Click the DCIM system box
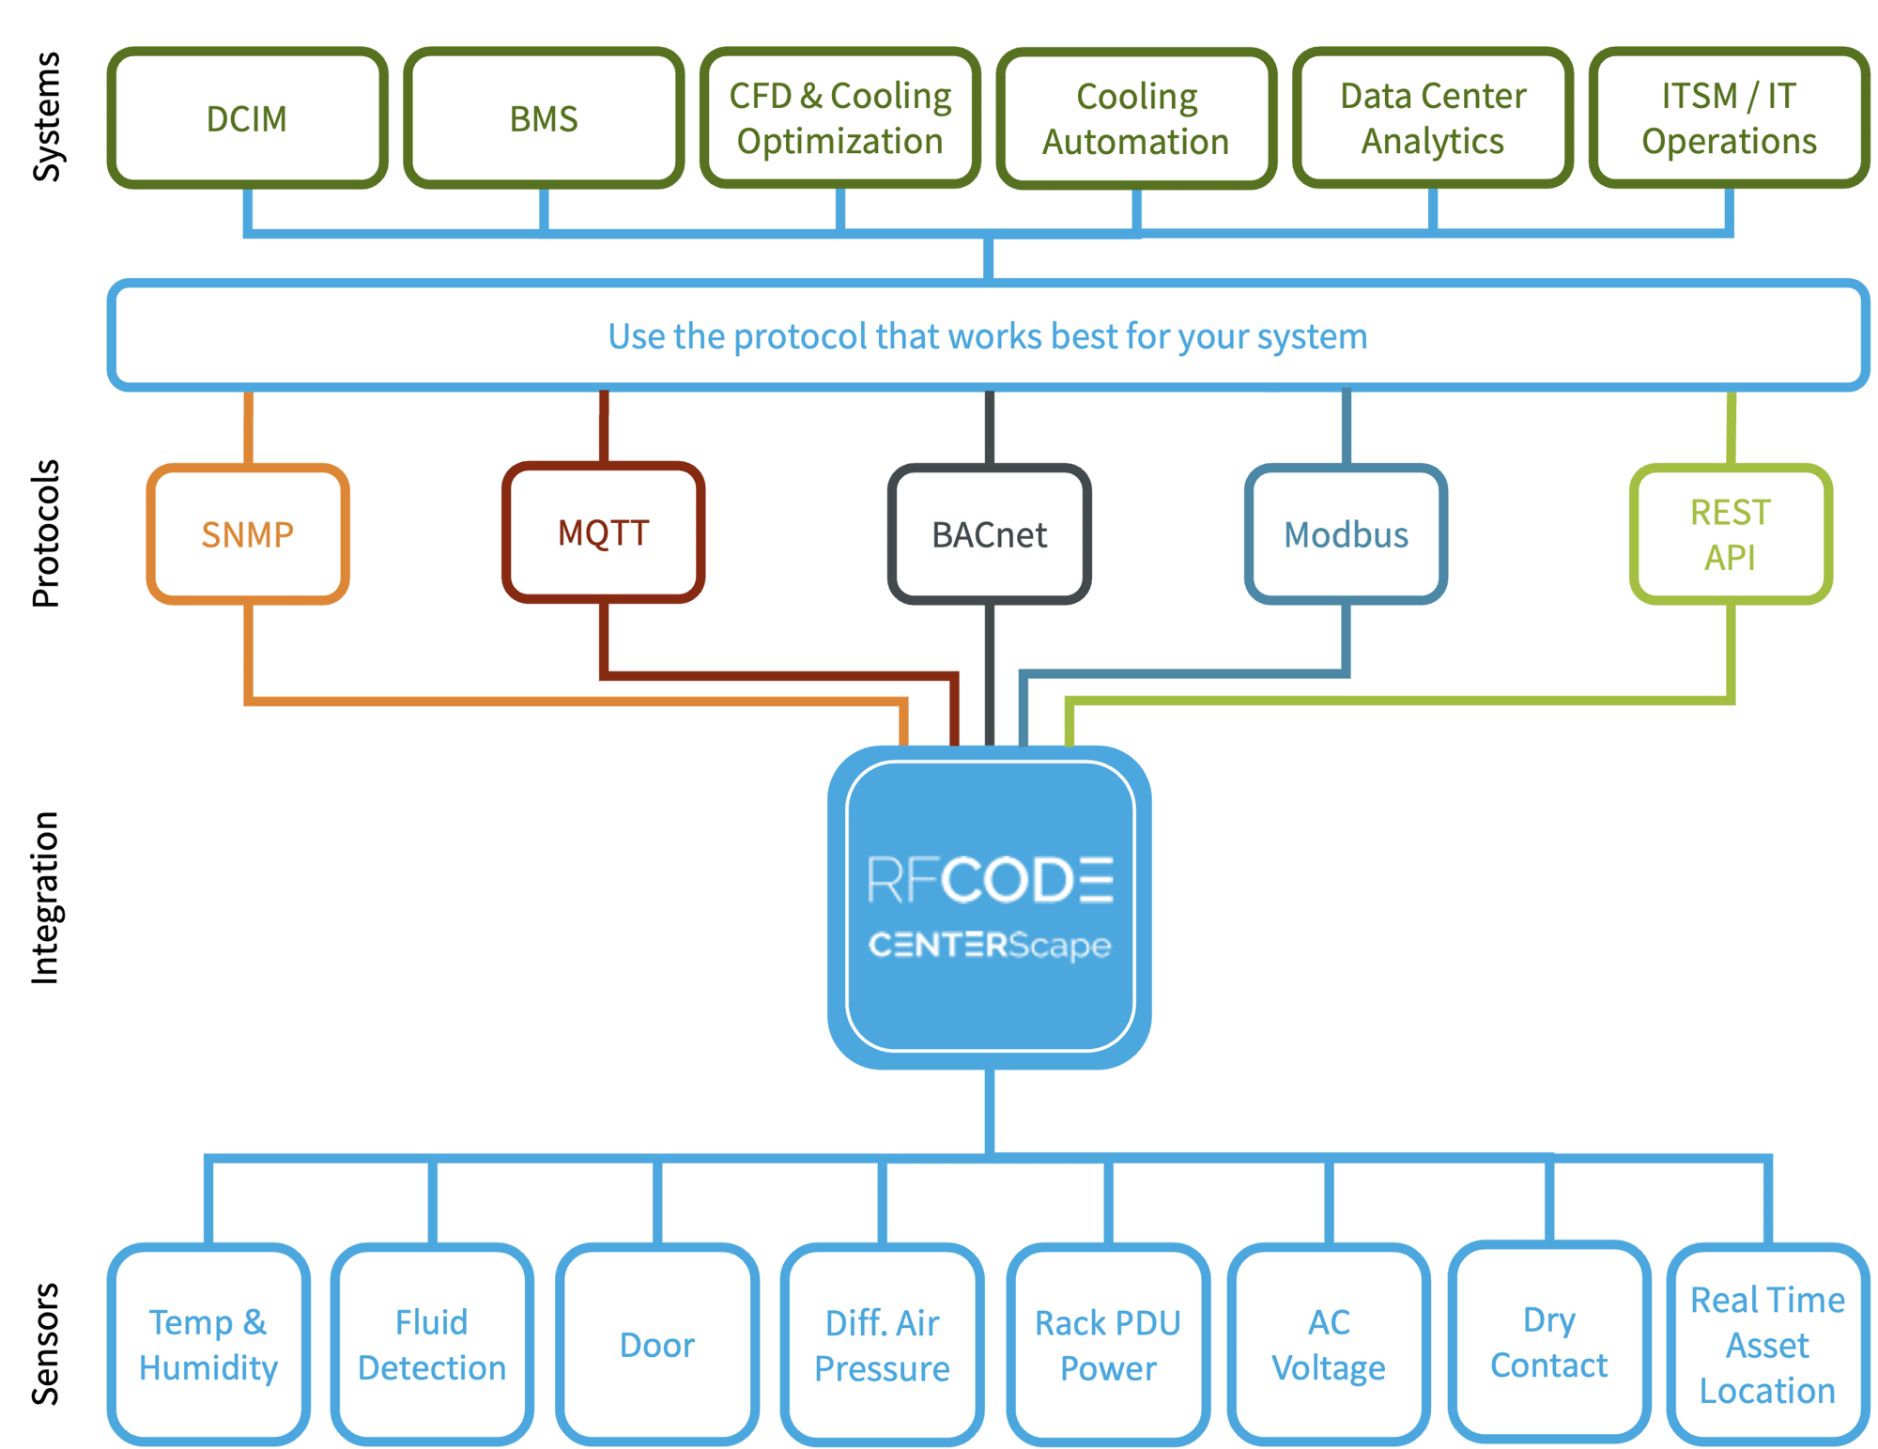pos(247,118)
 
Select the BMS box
pos(544,118)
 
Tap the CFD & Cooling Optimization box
pos(840,118)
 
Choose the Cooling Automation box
pos(1136,119)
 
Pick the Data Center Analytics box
pos(1433,118)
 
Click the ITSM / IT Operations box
pos(1729,118)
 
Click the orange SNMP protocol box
pos(248,533)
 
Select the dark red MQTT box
pos(603,532)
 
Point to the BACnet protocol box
pos(989,533)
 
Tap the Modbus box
pos(1346,533)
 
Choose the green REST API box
pos(1730,533)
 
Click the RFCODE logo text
pos(990,880)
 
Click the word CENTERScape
pos(990,945)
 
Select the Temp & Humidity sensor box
pos(208,1345)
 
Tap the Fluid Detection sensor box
pos(432,1345)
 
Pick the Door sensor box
pos(657,1345)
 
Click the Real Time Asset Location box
pos(1767,1345)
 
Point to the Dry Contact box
pos(1549,1342)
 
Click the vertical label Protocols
pos(45,533)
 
